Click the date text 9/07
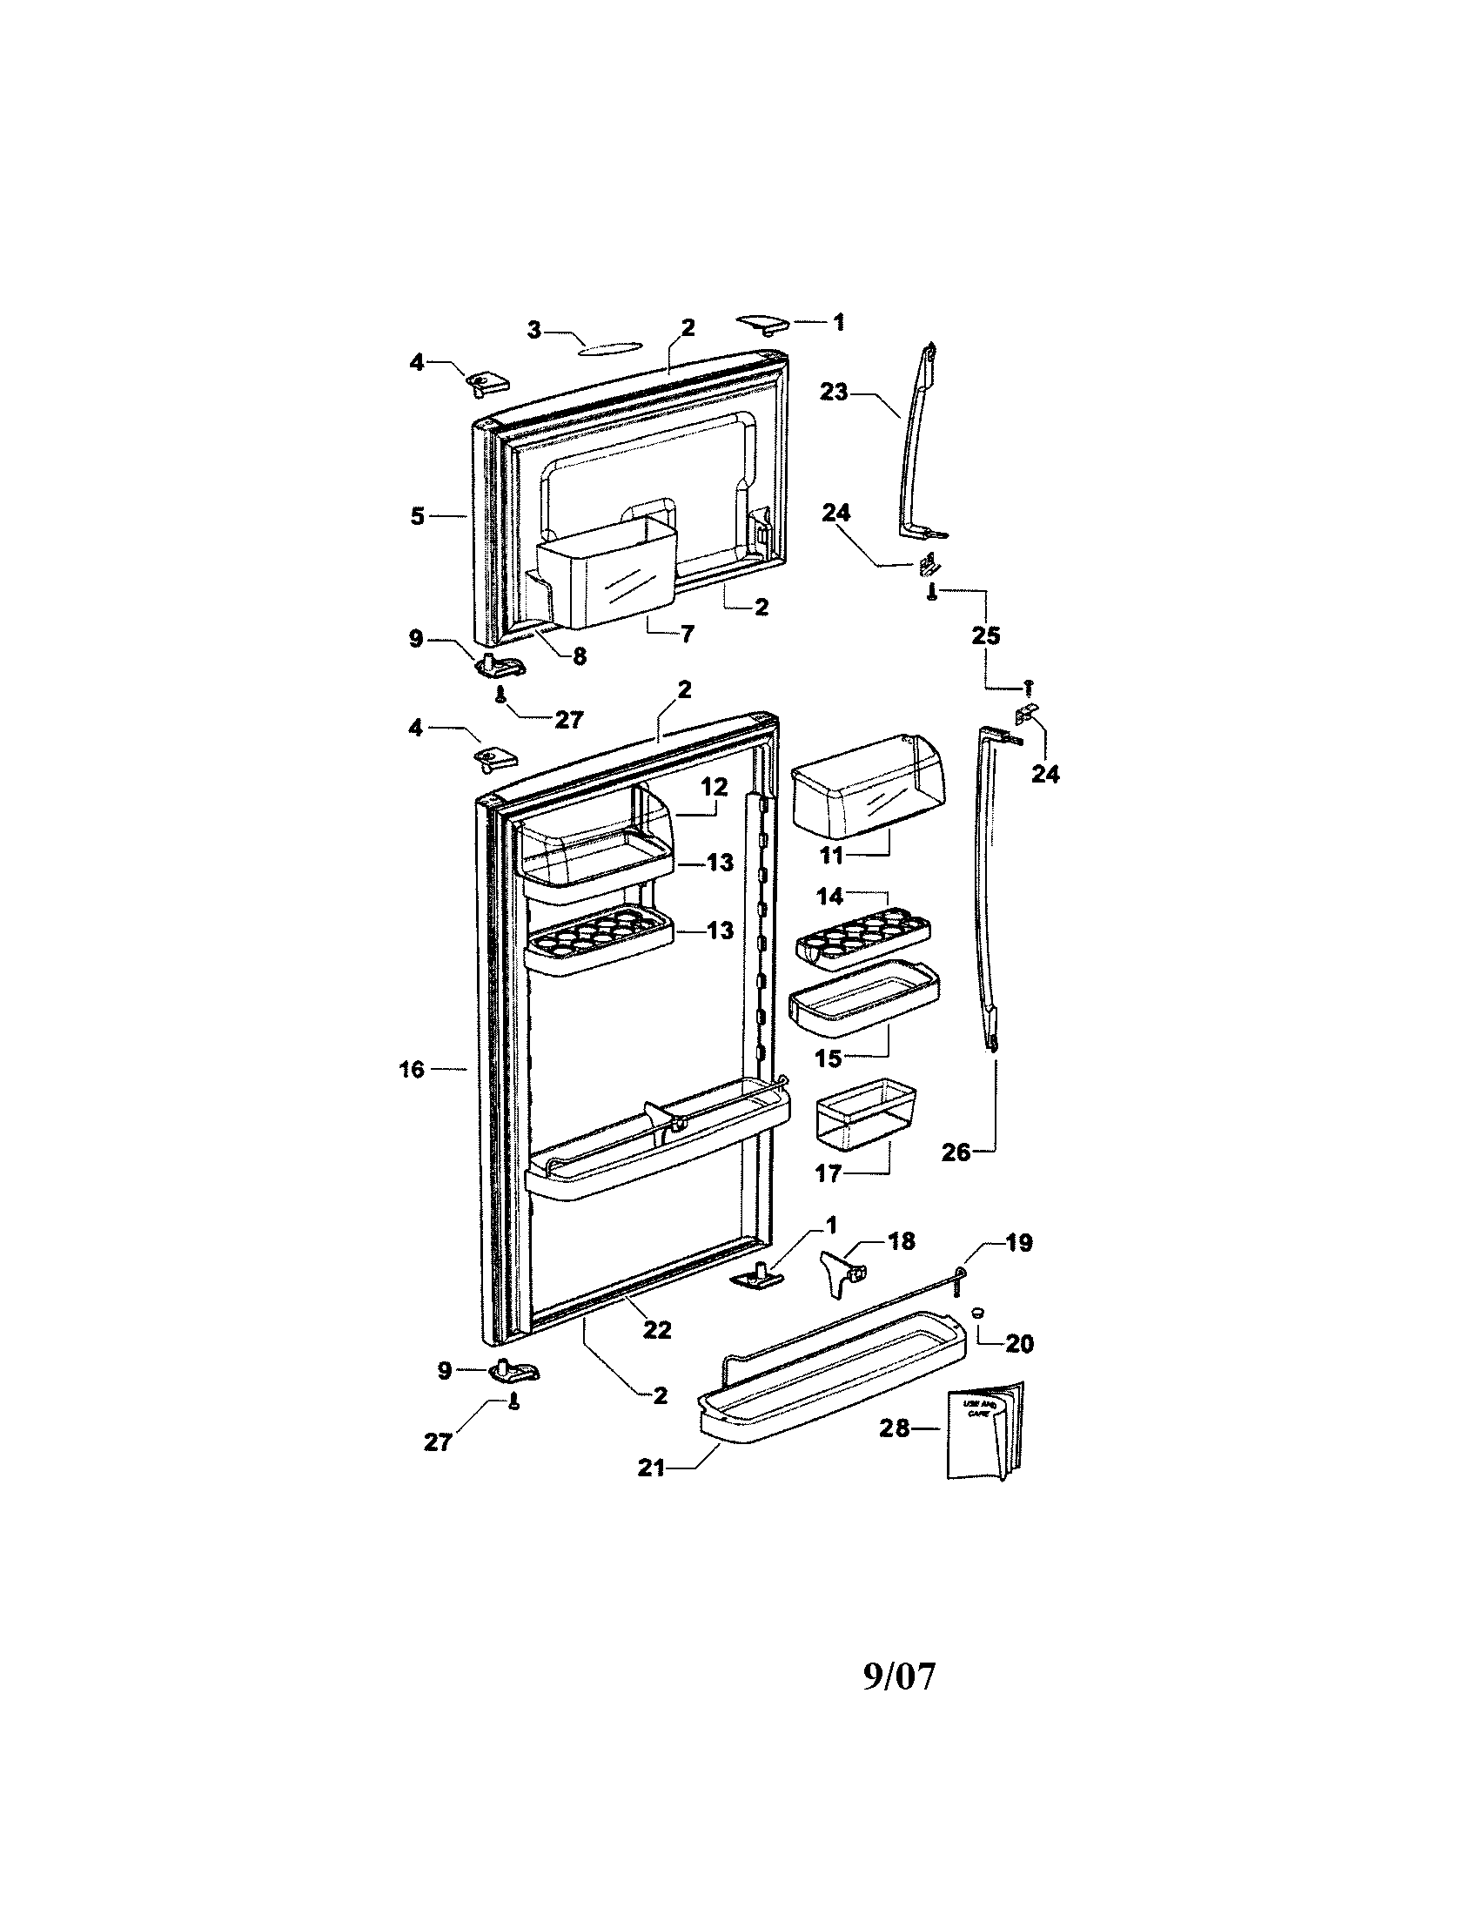click(x=899, y=1676)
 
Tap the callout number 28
click(x=895, y=1428)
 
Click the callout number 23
click(x=834, y=392)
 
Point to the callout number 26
click(x=956, y=1152)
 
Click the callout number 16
click(x=412, y=1069)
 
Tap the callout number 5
click(x=417, y=516)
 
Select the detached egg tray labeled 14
click(x=863, y=940)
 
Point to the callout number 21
click(x=651, y=1467)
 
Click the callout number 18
click(x=901, y=1240)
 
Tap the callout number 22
click(x=656, y=1329)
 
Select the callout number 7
click(x=687, y=633)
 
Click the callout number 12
click(x=715, y=787)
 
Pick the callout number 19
click(x=1018, y=1242)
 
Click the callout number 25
click(x=986, y=635)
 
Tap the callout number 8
click(x=579, y=655)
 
